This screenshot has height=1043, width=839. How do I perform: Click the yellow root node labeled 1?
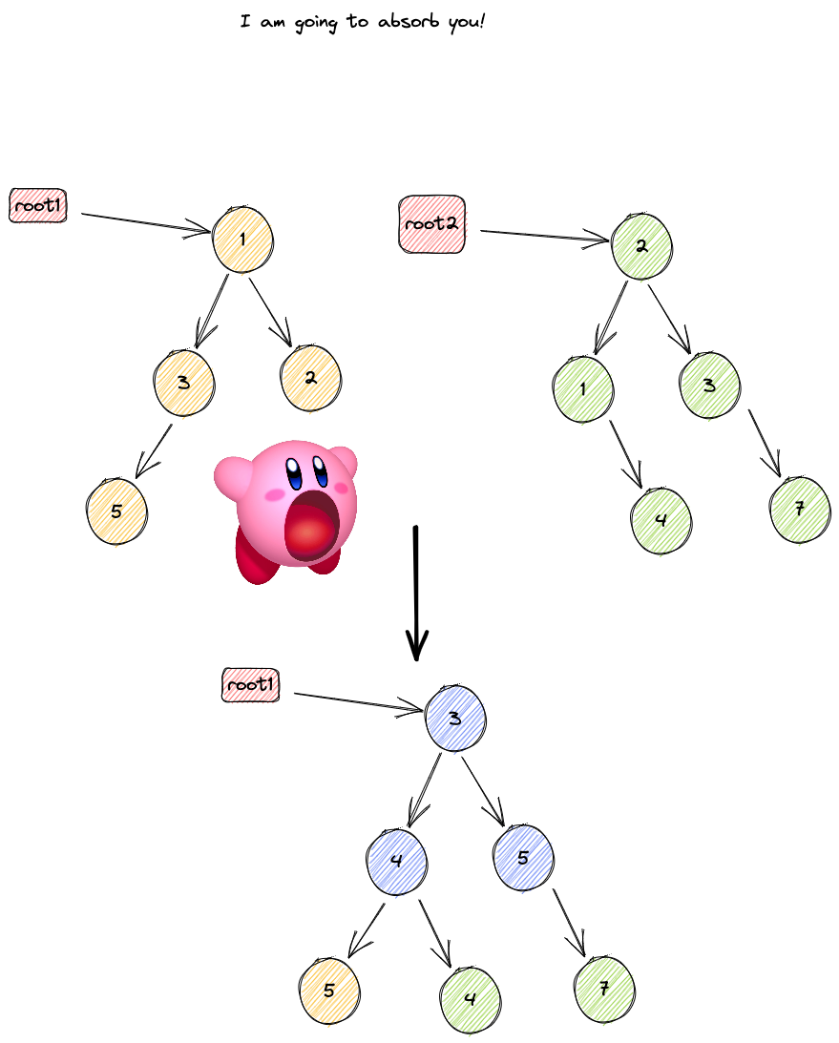tap(242, 239)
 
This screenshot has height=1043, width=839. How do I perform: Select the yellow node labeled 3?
tap(183, 382)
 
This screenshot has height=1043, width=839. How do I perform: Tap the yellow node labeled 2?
tap(311, 378)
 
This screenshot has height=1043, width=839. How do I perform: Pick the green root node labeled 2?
tap(641, 246)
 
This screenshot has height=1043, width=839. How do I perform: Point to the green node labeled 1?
tap(583, 388)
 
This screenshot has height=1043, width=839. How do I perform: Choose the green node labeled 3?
tap(709, 386)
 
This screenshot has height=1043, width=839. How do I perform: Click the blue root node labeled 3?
tap(456, 719)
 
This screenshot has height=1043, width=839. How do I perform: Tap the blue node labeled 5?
tap(523, 858)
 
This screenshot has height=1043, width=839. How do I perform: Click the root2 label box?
tap(430, 223)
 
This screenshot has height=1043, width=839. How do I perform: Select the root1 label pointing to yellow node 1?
tap(38, 206)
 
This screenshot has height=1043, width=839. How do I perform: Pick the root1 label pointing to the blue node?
tap(251, 685)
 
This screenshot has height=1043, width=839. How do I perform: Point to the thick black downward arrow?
tap(416, 592)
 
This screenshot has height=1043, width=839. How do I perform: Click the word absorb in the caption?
tap(410, 21)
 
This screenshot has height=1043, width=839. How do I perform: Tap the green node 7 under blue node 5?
tap(605, 990)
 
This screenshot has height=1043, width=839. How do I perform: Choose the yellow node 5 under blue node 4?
tap(330, 991)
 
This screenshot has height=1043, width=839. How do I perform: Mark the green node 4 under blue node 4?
tap(471, 999)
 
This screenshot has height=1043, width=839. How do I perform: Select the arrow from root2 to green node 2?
tap(544, 237)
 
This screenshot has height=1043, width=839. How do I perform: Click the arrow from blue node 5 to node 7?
tap(569, 921)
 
